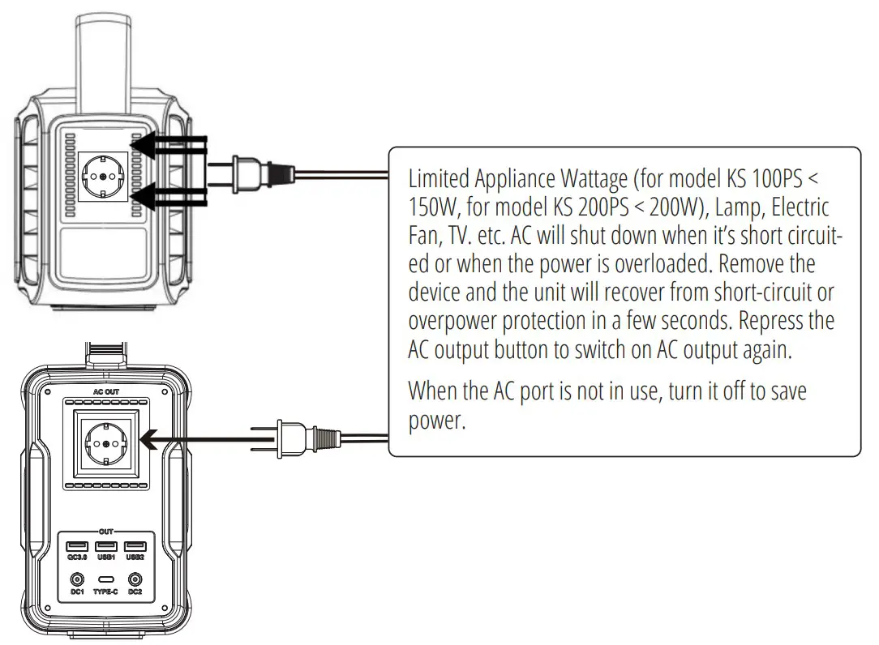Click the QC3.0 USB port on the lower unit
(x=78, y=545)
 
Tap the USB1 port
(x=106, y=545)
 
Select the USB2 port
(x=135, y=545)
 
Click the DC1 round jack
(x=78, y=579)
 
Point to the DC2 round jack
(x=135, y=579)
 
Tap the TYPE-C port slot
(x=106, y=580)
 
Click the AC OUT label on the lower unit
(x=105, y=391)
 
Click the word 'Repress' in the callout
(x=774, y=320)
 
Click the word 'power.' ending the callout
(x=437, y=421)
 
